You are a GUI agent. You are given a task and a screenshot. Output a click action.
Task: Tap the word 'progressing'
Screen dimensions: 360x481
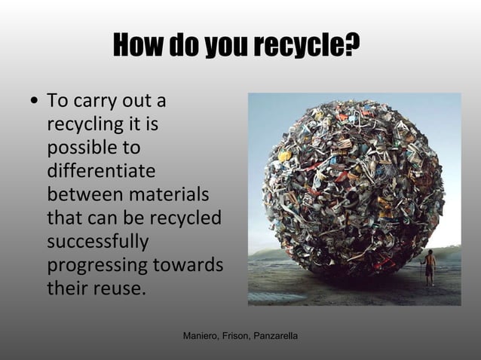(97, 267)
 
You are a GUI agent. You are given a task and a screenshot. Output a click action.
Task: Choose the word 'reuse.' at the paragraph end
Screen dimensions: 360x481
(120, 289)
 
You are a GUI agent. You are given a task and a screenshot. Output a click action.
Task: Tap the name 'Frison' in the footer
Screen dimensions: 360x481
(239, 333)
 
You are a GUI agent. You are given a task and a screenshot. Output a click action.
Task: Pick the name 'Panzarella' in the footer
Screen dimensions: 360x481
(278, 333)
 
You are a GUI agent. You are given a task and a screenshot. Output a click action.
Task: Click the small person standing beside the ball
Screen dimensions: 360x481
(430, 267)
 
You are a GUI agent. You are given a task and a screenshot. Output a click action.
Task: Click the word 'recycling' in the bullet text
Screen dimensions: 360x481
(84, 123)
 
